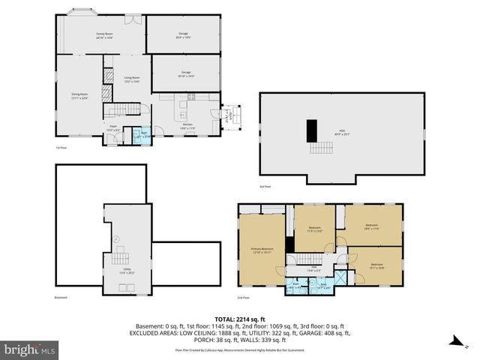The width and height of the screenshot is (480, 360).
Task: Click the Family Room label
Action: click(103, 34)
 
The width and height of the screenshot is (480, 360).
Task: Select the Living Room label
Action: click(133, 78)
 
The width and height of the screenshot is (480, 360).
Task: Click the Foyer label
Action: click(112, 128)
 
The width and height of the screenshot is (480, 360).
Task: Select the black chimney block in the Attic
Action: click(311, 131)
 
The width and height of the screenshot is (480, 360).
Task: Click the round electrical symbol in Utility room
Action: click(115, 240)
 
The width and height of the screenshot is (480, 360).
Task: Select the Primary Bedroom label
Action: click(262, 250)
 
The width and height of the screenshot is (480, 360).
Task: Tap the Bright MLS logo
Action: click(30, 349)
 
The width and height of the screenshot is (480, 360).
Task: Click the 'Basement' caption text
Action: click(61, 298)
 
